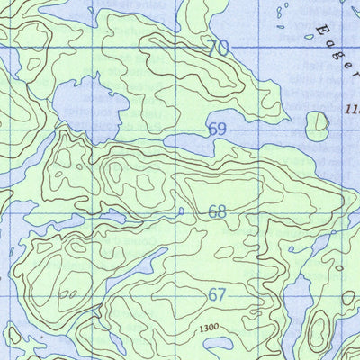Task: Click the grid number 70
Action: click(217, 49)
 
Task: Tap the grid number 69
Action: click(217, 130)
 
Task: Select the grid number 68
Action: click(217, 212)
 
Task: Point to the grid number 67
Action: click(217, 294)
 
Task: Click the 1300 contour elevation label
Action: click(210, 328)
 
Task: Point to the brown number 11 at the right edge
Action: click(351, 109)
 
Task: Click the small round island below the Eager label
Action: click(317, 125)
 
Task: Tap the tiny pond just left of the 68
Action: click(181, 212)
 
